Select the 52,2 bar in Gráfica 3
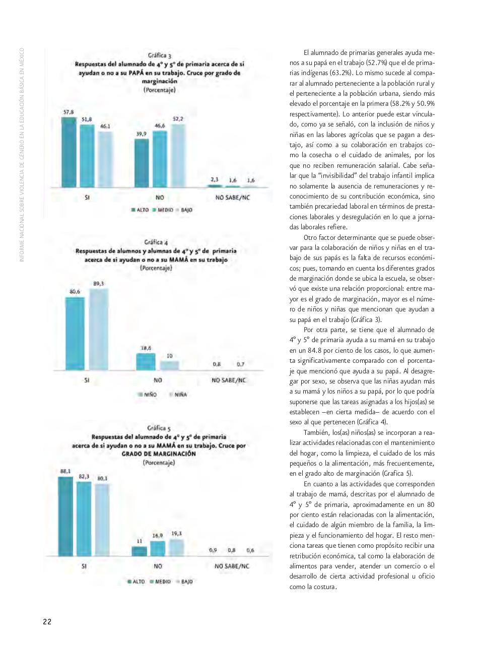tap(178, 156)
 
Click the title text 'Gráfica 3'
tap(159, 56)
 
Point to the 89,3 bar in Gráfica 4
tap(99, 330)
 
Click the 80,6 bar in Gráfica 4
tap(75, 334)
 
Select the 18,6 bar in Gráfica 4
tap(146, 362)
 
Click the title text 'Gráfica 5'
tap(159, 428)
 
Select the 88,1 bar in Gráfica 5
tap(65, 517)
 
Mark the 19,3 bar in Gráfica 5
tap(176, 548)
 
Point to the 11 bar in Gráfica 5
tap(140, 551)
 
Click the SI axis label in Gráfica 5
tap(84, 566)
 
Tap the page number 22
tap(47, 621)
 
